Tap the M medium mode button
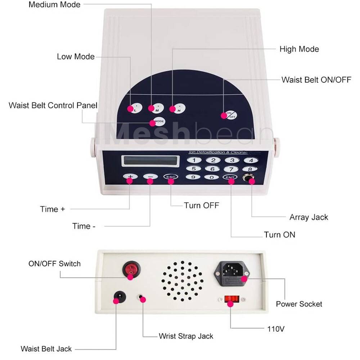(158, 108)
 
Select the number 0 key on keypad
(212, 177)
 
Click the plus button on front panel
(130, 177)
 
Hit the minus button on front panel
(150, 177)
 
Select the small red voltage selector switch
(231, 299)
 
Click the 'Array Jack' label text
(309, 217)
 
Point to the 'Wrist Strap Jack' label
(186, 336)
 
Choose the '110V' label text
(276, 328)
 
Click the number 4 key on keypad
(251, 161)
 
